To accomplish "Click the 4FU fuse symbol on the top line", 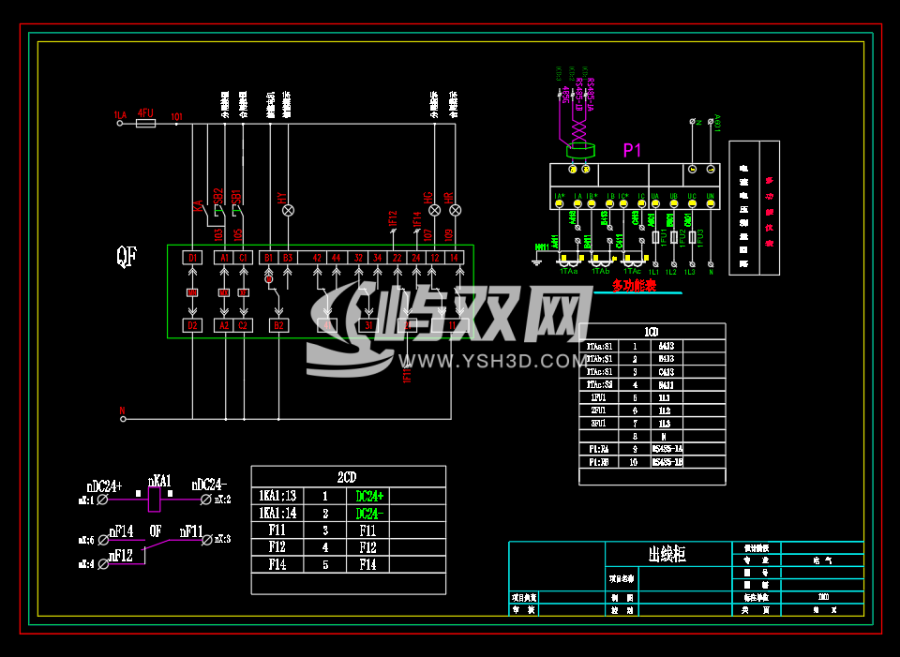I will tap(145, 123).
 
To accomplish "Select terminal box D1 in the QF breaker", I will tap(193, 258).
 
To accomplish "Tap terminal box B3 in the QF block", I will tap(287, 258).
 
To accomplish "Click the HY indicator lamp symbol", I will tap(288, 210).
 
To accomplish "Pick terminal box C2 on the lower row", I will tap(244, 325).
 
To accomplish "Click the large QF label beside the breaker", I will tap(127, 257).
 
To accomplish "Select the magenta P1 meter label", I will tap(633, 150).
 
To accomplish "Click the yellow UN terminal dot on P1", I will tap(711, 203).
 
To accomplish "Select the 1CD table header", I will tap(652, 332).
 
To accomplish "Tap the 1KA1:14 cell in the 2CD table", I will tap(277, 514).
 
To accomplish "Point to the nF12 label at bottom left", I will tap(121, 556).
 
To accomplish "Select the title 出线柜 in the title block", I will tap(667, 555).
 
